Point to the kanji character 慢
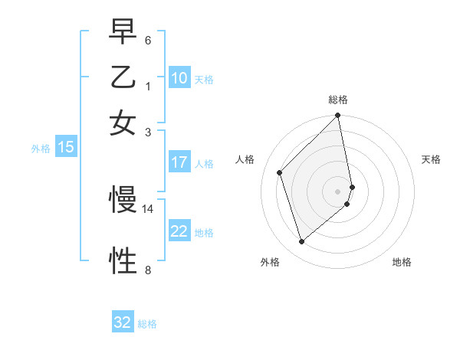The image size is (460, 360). pos(123,200)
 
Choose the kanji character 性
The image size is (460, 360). pos(123,260)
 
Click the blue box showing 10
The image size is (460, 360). pos(179,78)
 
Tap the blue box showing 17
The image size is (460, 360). pos(179,162)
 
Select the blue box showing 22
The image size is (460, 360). pos(179,231)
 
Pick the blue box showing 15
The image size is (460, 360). pos(66,148)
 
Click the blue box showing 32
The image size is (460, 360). pos(123,322)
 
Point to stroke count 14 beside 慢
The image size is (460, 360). pos(147,208)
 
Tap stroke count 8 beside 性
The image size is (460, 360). pos(147,269)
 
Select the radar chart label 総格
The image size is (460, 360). pos(338,100)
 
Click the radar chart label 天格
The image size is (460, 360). pos(431,159)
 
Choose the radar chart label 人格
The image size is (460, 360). pos(245,159)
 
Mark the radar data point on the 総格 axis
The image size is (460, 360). pos(338,116)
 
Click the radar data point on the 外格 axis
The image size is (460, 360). pos(302,242)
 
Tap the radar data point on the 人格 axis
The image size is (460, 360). pos(280,172)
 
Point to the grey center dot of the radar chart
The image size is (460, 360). pos(338,191)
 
